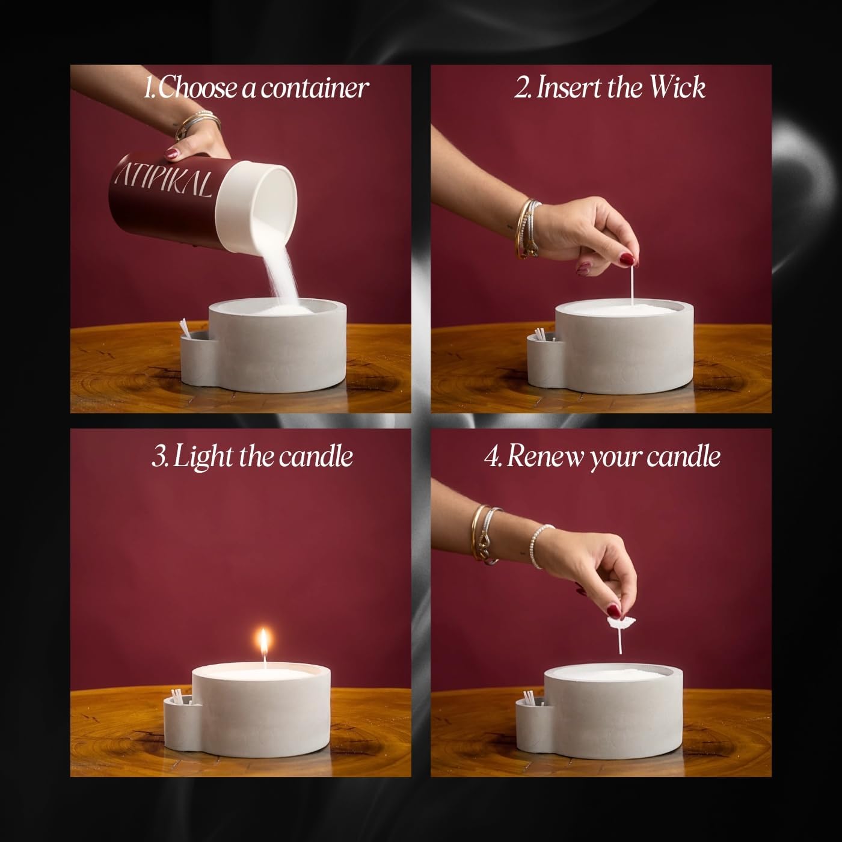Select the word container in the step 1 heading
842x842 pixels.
315,88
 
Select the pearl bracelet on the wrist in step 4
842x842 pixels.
539,545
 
